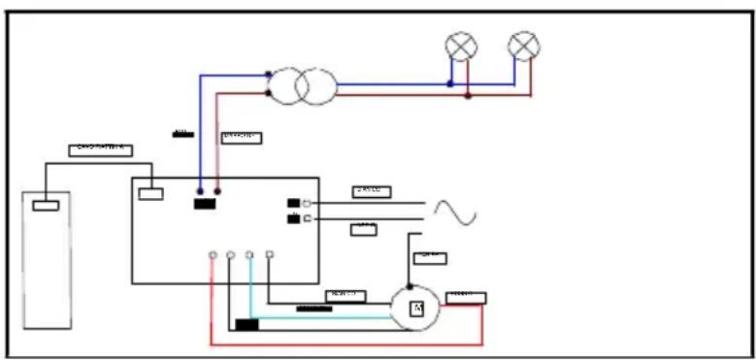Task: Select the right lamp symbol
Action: tap(524, 46)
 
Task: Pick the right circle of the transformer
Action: tap(316, 87)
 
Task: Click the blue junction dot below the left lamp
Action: tap(450, 84)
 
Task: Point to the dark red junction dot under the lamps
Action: tap(468, 96)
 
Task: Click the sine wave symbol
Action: tap(453, 212)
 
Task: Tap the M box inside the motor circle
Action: tap(416, 309)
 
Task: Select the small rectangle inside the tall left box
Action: tap(46, 205)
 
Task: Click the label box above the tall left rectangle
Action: tap(100, 149)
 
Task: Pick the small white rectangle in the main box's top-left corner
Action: tap(150, 193)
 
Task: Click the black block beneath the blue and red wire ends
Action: tap(205, 204)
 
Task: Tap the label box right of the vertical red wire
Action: tap(241, 137)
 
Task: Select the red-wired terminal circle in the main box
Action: tap(213, 255)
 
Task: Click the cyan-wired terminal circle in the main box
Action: tap(249, 255)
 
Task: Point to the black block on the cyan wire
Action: tap(247, 324)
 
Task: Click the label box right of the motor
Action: tap(466, 297)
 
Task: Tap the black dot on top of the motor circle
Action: tap(409, 286)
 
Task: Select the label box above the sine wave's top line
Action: tap(371, 191)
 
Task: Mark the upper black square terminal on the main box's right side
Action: tap(293, 203)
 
